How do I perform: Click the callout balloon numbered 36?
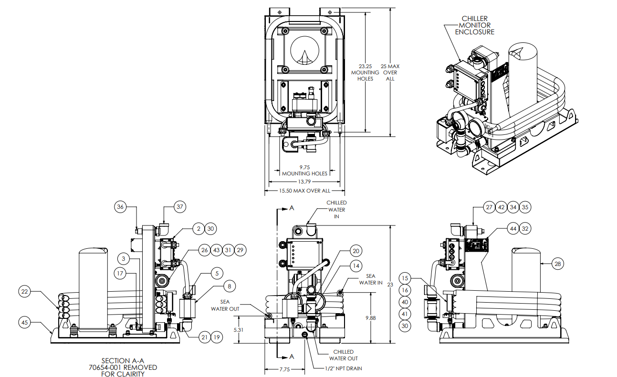(x=121, y=207)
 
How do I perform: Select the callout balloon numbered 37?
(x=180, y=207)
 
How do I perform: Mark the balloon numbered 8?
(x=230, y=286)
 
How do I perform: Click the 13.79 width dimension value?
(x=303, y=182)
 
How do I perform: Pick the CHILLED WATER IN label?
(x=336, y=209)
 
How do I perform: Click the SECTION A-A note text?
(x=123, y=367)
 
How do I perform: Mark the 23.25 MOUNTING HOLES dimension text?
(x=365, y=72)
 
